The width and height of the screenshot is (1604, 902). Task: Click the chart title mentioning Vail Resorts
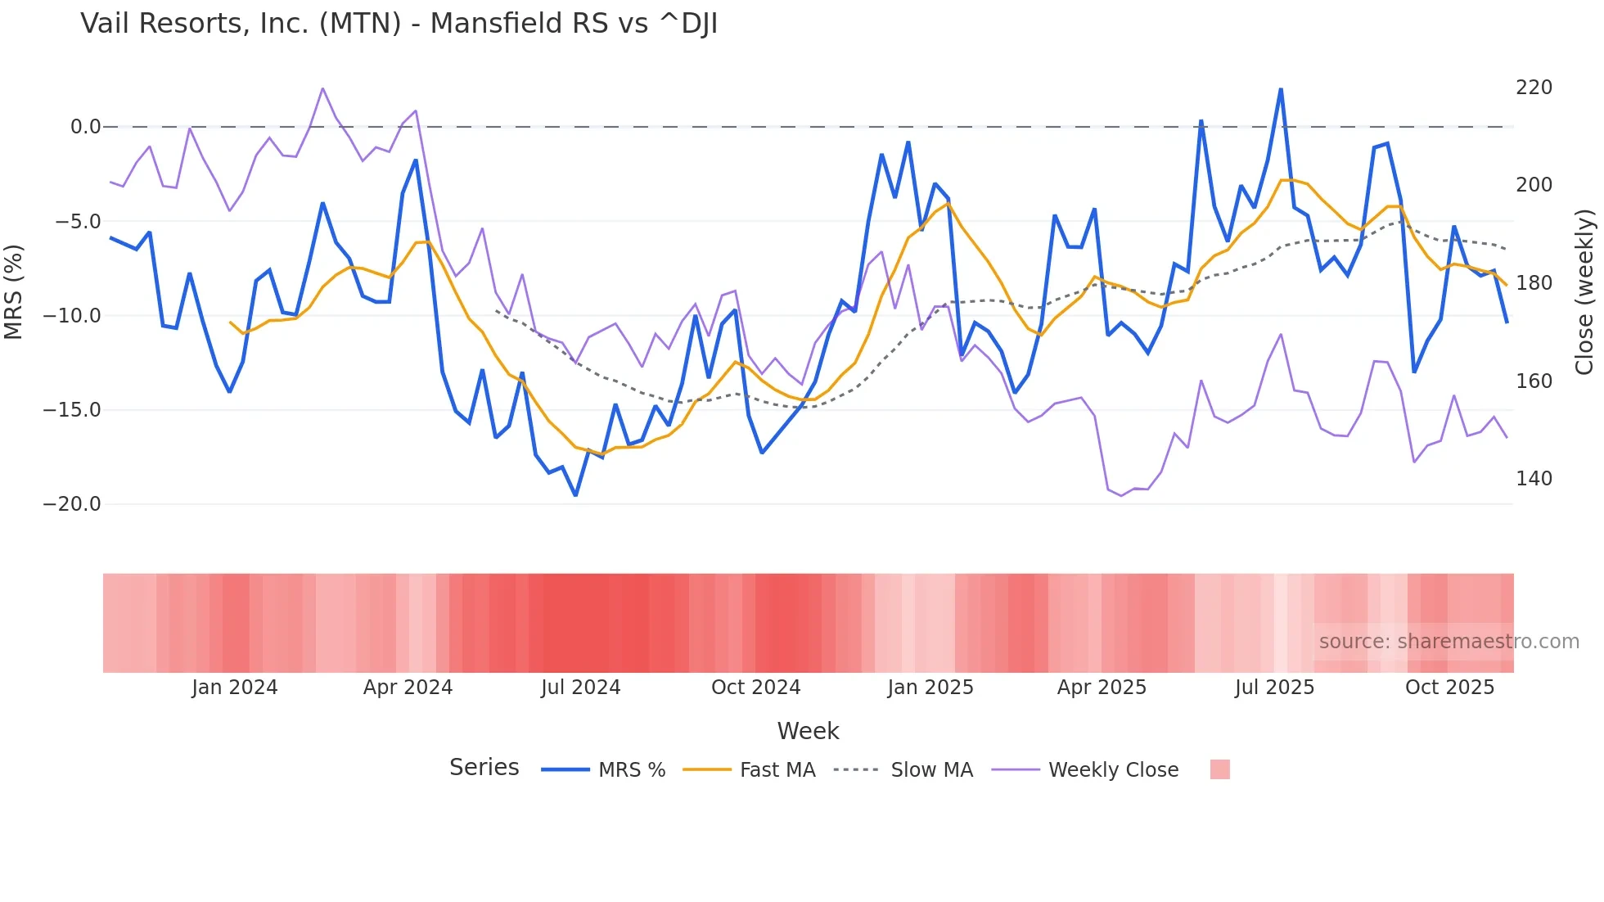tap(399, 24)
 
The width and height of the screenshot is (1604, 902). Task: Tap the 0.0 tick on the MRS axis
tap(85, 127)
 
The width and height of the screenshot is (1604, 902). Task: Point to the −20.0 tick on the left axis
tap(72, 504)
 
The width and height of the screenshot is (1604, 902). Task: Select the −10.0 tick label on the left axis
tap(72, 316)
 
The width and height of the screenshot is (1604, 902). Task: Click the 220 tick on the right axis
tap(1534, 88)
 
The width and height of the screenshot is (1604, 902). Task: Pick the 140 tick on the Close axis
tap(1534, 479)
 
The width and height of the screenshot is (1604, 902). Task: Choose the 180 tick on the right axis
tap(1534, 283)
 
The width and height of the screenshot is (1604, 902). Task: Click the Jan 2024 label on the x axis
tap(235, 688)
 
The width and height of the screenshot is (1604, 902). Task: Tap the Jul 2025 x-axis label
tap(1274, 688)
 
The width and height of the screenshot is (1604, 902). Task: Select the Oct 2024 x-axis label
tap(755, 688)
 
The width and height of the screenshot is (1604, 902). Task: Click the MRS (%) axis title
tap(14, 291)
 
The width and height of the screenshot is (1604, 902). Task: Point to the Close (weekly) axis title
tap(1585, 291)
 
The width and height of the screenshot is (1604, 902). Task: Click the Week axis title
tap(808, 731)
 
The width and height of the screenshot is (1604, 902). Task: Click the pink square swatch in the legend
tap(1219, 769)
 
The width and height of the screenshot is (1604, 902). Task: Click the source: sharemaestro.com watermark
tap(1449, 642)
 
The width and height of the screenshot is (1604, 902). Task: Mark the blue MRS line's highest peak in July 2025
tap(1281, 89)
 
